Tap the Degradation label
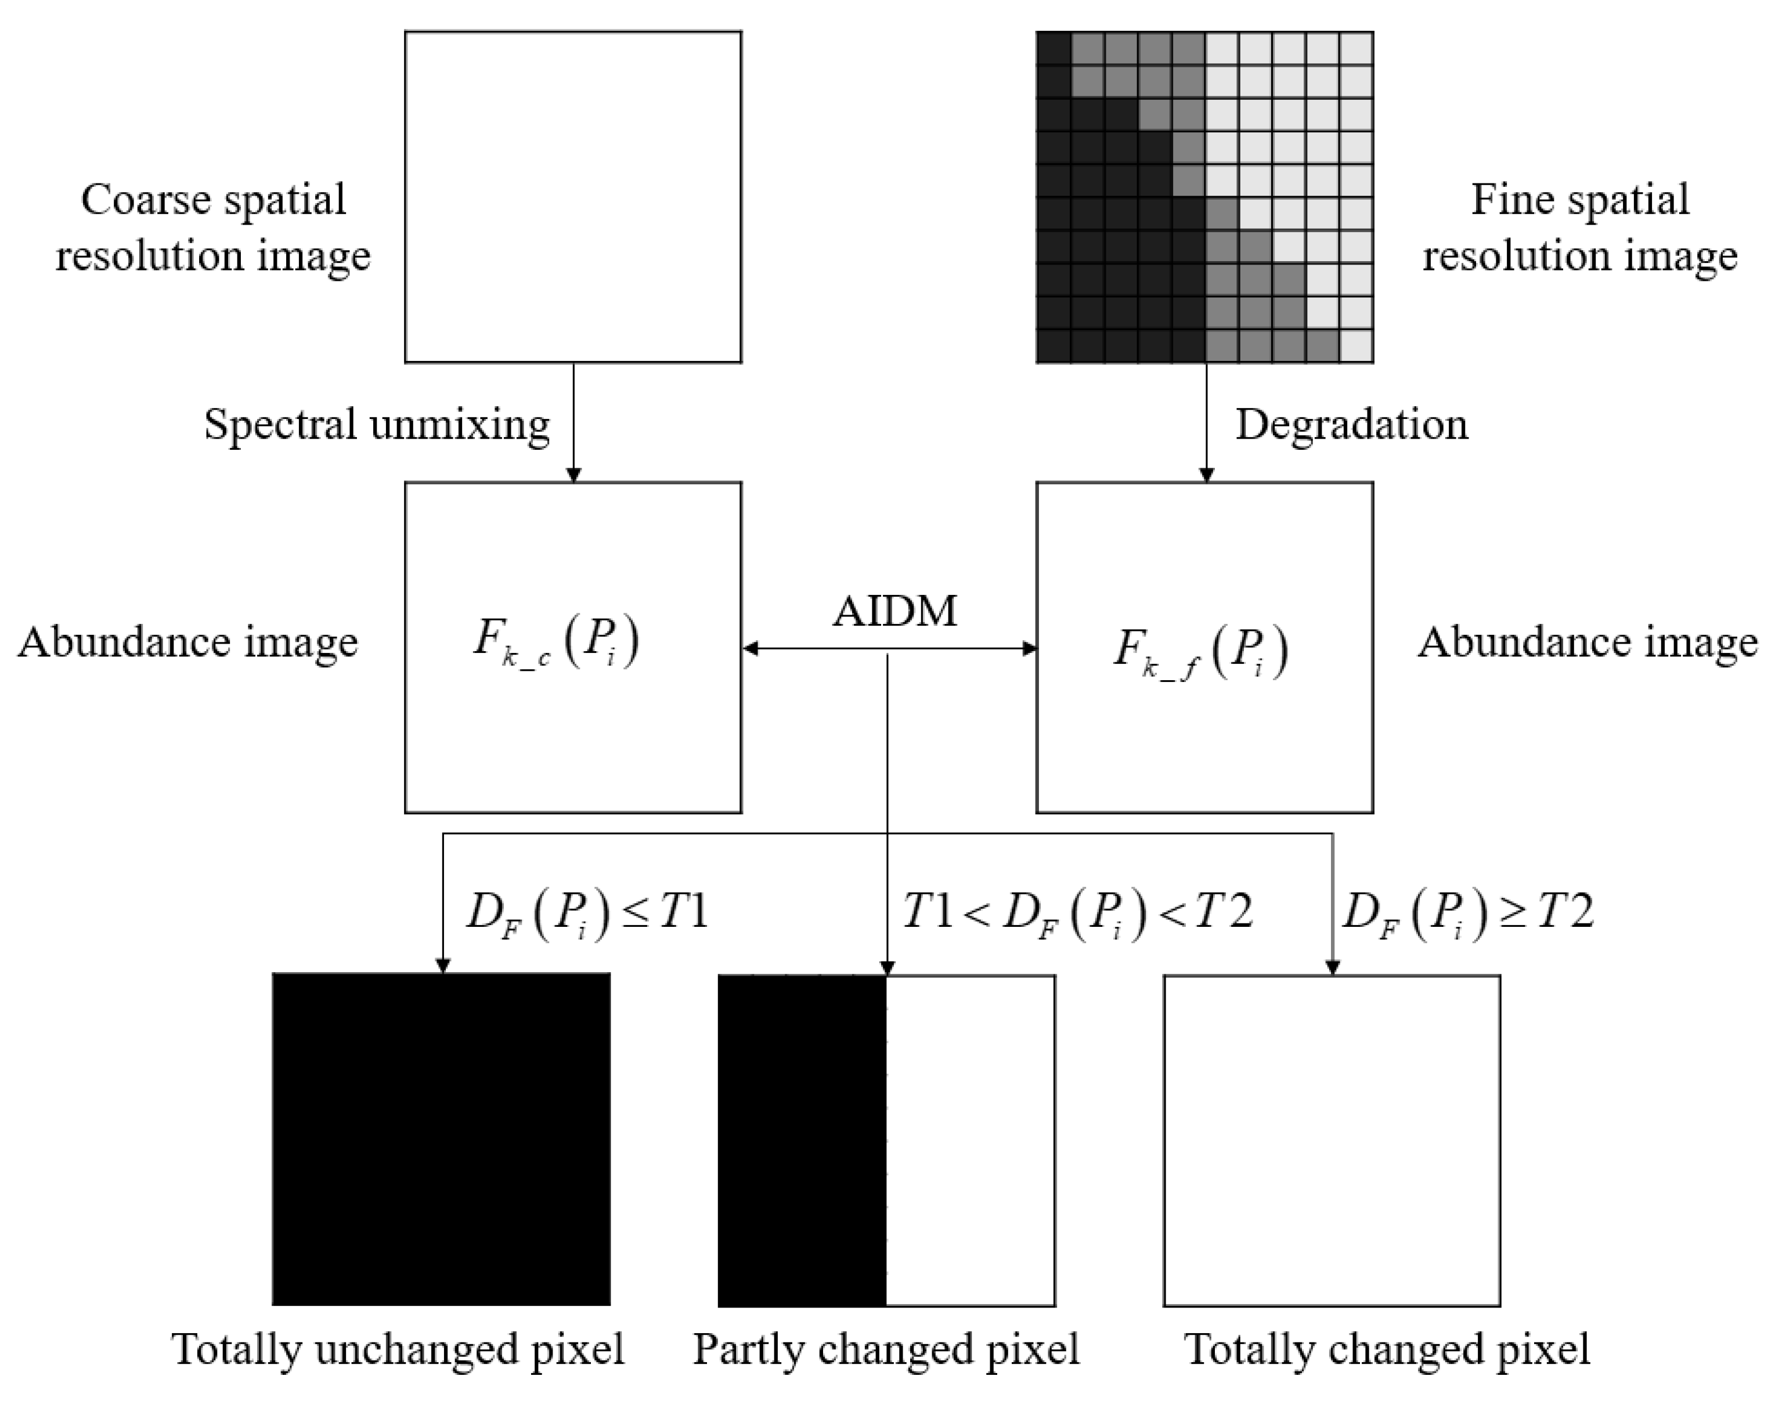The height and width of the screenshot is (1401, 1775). [1351, 425]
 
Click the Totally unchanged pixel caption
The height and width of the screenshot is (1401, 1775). [399, 1350]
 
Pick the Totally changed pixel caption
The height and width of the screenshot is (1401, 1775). [1387, 1350]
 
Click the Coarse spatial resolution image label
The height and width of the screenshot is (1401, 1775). [213, 227]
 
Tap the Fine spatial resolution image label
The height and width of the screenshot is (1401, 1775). [1580, 227]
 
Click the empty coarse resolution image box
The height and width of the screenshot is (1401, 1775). [573, 197]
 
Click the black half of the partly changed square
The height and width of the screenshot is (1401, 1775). [802, 1140]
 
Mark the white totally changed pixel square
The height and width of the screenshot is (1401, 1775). [1332, 1140]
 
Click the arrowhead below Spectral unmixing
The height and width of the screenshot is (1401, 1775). [573, 474]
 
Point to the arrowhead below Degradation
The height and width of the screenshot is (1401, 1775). [1206, 474]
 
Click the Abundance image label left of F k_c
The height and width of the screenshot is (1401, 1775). [188, 642]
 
